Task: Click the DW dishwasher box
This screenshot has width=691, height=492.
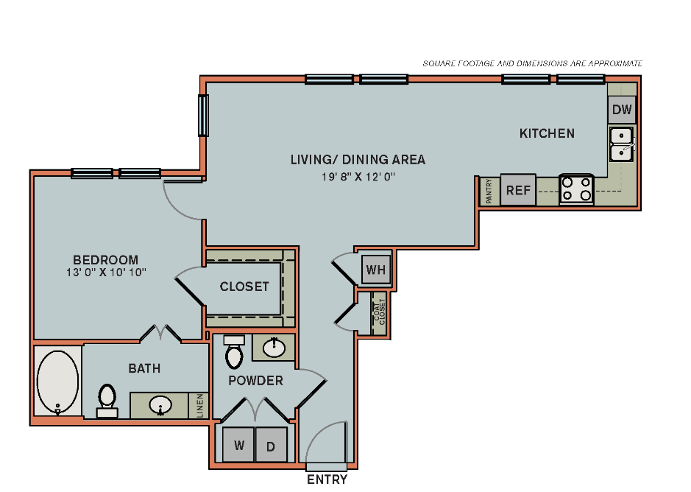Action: (622, 110)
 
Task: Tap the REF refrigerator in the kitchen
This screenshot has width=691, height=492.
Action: (518, 190)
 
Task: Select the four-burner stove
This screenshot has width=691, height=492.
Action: (576, 190)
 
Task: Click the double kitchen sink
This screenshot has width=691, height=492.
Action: (621, 144)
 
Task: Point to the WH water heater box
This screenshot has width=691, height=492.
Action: (376, 269)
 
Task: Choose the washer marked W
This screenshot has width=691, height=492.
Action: (238, 444)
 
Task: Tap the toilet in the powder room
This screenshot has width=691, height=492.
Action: (234, 352)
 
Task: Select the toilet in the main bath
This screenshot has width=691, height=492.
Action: (107, 401)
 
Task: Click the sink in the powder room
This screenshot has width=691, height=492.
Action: (274, 348)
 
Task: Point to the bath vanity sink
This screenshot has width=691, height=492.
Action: (160, 405)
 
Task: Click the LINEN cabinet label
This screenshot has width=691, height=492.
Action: (200, 406)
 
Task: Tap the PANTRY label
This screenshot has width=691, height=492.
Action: (489, 191)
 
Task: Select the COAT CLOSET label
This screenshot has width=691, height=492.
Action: (379, 312)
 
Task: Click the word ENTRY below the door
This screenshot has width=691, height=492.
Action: (327, 479)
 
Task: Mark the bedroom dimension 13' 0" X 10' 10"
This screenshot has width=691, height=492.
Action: (106, 273)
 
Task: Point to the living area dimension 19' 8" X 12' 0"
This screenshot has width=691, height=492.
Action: (358, 177)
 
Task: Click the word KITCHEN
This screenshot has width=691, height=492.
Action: (547, 133)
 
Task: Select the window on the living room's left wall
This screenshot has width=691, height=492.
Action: (203, 116)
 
